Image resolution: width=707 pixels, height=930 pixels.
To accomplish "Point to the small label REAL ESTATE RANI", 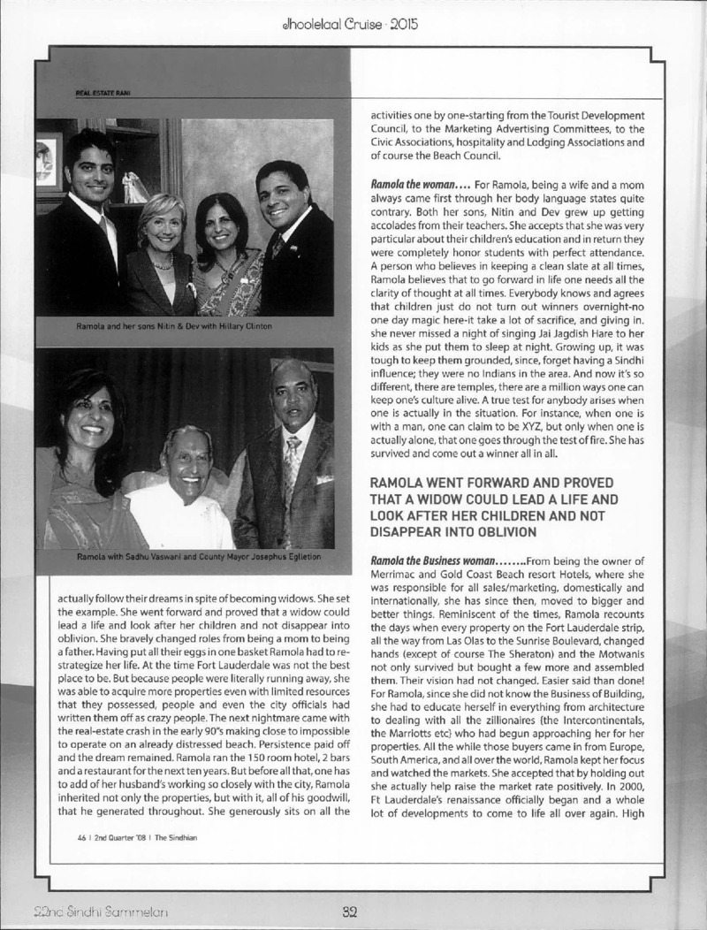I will pos(85,90).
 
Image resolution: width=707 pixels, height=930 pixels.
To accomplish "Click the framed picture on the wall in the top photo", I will pos(49,160).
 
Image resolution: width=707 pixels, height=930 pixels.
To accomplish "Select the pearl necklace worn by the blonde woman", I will pos(159,263).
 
